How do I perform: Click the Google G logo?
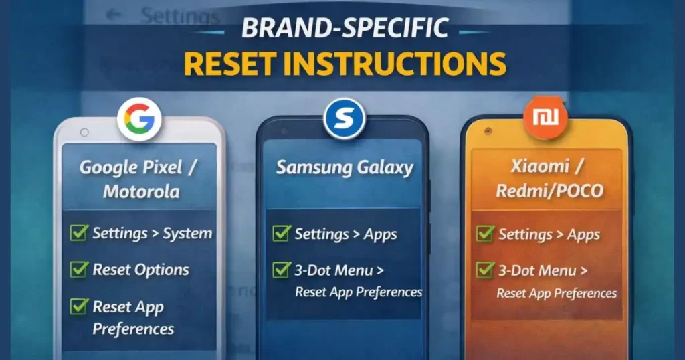pos(140,120)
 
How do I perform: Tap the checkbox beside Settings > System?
pos(79,233)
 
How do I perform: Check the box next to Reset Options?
pos(79,270)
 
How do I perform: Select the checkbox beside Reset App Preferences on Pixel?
pos(79,307)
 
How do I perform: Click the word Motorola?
pos(141,191)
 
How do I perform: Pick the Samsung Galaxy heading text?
pos(345,167)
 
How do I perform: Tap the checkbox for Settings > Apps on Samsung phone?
pos(281,234)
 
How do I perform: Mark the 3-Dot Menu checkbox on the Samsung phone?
pos(281,270)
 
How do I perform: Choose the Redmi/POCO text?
pos(549,191)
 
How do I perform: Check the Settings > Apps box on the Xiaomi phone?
pos(484,234)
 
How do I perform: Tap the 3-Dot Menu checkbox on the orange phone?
pos(484,270)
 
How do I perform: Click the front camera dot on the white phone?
pos(84,132)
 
